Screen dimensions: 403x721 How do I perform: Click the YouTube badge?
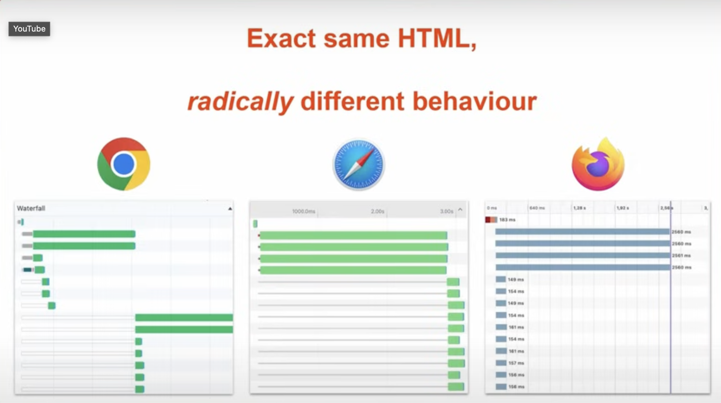[x=29, y=29]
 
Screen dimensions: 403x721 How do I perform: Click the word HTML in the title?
[x=437, y=39]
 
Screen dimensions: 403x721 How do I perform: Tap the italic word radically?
[x=241, y=102]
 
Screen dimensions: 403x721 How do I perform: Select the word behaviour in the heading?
[x=475, y=102]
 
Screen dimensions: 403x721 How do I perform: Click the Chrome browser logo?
[x=124, y=164]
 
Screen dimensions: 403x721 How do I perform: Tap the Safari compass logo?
[x=359, y=164]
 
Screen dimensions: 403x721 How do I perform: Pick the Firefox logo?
[x=598, y=164]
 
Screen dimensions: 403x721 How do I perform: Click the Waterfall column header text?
[x=31, y=208]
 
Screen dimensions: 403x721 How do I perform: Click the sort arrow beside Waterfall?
[x=230, y=209]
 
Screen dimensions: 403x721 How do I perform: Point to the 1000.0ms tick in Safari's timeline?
[x=304, y=211]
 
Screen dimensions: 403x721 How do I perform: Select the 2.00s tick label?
[x=377, y=211]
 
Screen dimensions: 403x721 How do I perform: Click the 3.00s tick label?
[x=446, y=211]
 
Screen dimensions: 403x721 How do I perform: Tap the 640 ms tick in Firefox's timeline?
[x=537, y=208]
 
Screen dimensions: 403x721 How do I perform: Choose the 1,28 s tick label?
[x=579, y=208]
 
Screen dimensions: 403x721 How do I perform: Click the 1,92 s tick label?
[x=623, y=208]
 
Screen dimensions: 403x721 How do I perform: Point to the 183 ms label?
[x=507, y=220]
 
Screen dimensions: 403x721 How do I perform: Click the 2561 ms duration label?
[x=681, y=255]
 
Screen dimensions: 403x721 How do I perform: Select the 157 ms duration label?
[x=516, y=363]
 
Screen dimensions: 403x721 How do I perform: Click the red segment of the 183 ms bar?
[x=488, y=220]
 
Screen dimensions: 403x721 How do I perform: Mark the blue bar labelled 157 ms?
[x=501, y=363]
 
